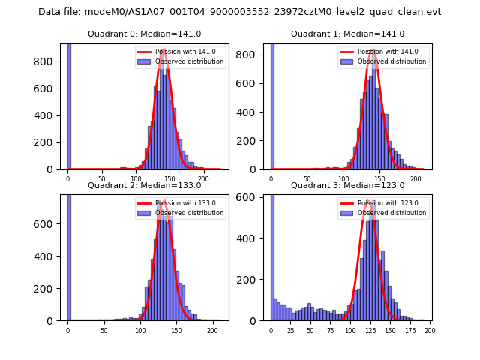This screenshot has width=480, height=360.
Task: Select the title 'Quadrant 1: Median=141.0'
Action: click(347, 34)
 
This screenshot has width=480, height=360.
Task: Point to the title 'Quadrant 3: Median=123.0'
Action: click(347, 185)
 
